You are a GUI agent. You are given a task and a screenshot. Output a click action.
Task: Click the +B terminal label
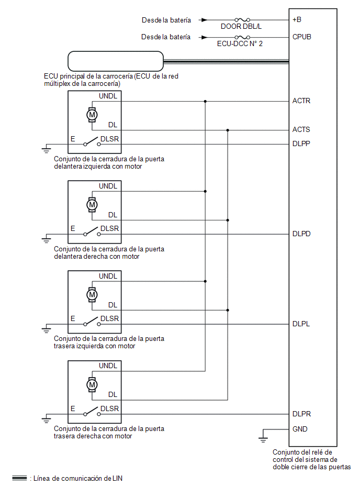click(297, 20)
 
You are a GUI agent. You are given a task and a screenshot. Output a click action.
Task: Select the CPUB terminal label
click(302, 37)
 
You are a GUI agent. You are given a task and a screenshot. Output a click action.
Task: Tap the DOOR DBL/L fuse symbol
click(242, 20)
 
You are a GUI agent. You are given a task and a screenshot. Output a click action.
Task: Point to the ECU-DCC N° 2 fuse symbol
click(242, 37)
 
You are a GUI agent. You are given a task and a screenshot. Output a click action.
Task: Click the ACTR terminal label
click(301, 101)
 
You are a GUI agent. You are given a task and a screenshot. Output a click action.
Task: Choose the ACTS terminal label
click(301, 130)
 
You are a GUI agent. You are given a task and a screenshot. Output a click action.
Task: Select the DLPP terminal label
click(301, 144)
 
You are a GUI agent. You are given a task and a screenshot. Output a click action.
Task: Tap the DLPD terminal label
click(301, 234)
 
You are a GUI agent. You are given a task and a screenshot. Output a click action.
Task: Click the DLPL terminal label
click(301, 324)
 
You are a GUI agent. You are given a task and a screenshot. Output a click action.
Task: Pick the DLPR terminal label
click(301, 414)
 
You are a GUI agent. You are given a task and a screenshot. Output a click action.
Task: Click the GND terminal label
click(300, 429)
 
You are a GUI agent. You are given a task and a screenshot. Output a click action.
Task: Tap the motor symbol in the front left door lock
click(92, 115)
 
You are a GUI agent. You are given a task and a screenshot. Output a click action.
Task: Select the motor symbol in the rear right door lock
click(92, 385)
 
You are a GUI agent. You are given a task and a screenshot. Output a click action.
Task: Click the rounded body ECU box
click(116, 61)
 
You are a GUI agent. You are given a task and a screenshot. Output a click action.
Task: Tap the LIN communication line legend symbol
click(20, 478)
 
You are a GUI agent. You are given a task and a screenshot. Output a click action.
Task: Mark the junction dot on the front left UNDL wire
click(205, 102)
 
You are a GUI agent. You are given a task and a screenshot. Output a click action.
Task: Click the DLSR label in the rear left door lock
click(109, 318)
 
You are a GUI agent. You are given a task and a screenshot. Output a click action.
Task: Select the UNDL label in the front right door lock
click(108, 186)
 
